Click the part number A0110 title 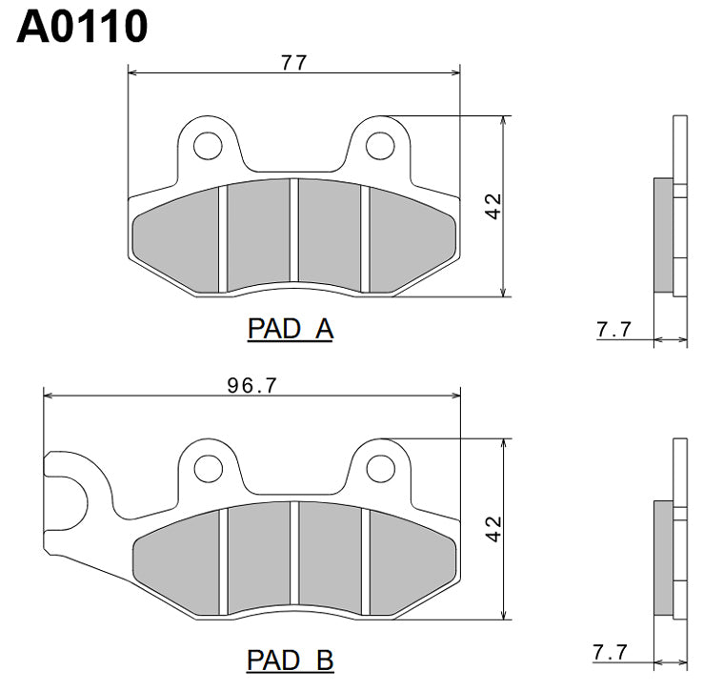tap(82, 27)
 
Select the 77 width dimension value tap(293, 63)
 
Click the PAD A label tap(290, 330)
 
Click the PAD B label tap(290, 660)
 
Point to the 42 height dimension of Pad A tap(492, 206)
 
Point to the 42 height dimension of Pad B tap(492, 530)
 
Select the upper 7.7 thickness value tap(613, 330)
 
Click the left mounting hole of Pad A tap(205, 145)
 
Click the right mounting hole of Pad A tap(380, 145)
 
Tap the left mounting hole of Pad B tap(205, 467)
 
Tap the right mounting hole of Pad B tap(380, 467)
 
